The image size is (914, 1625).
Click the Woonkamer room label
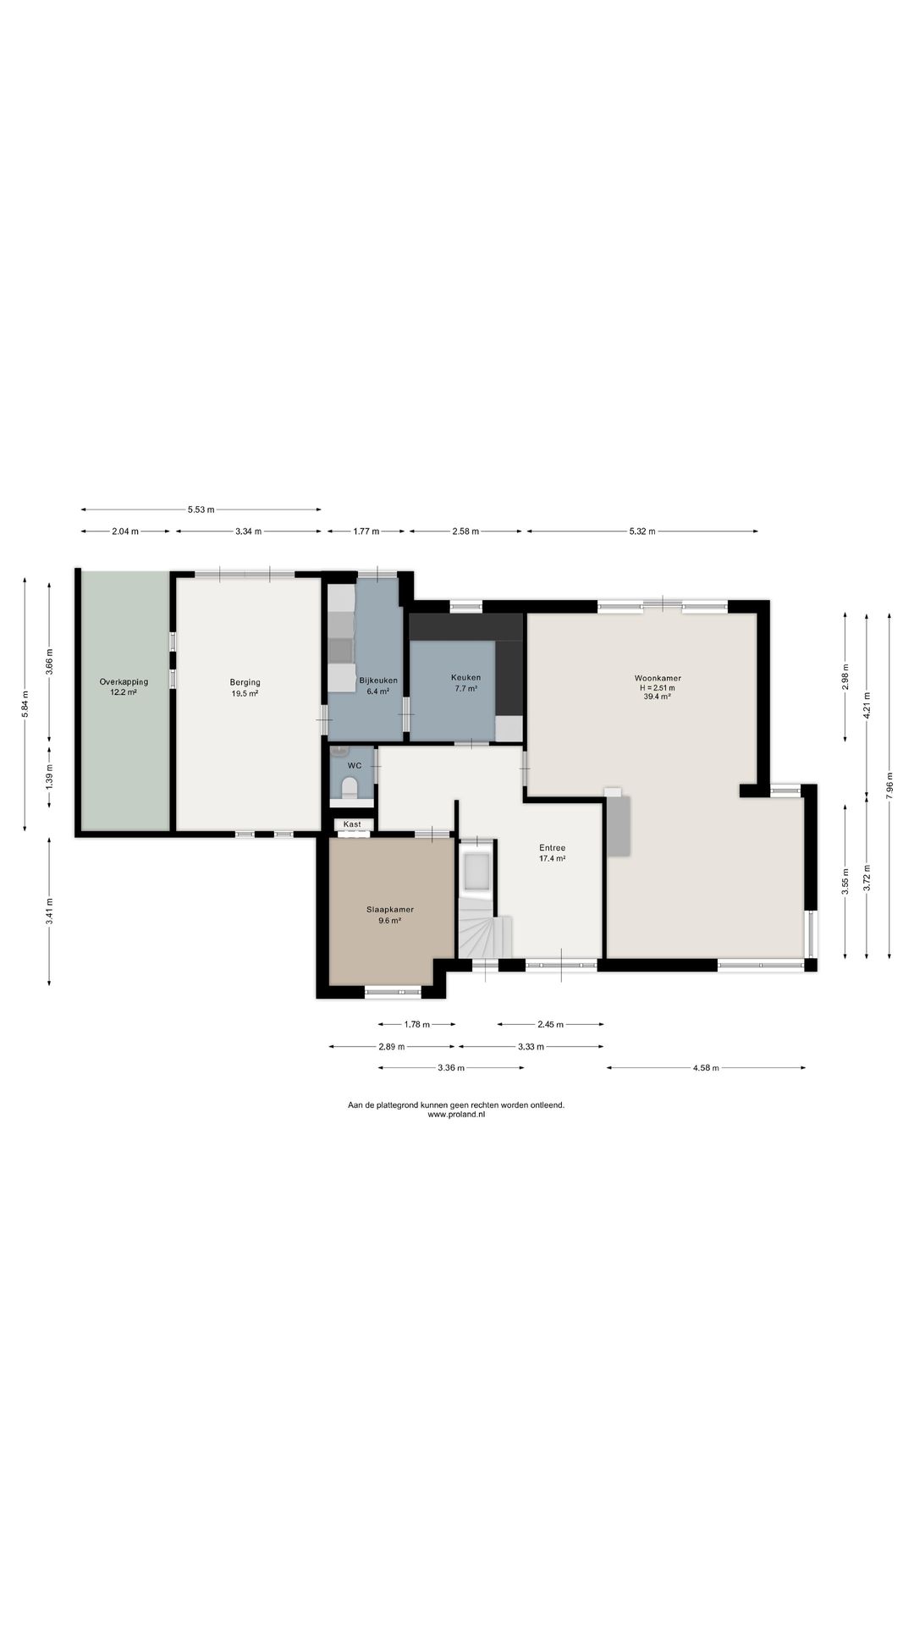tap(658, 678)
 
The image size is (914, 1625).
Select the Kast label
tap(352, 824)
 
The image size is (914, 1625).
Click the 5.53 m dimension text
tap(201, 510)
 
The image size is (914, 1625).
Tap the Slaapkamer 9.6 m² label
tap(390, 914)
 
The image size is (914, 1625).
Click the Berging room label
tap(245, 682)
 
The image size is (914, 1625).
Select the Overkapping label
tap(124, 681)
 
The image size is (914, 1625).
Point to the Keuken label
tap(465, 677)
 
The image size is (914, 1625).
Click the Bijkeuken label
tap(378, 680)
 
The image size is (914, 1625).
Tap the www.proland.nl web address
tap(456, 1115)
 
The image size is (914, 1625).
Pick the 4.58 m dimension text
tap(706, 1068)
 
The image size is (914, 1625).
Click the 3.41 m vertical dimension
tap(49, 912)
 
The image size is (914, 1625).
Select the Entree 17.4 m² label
tap(553, 852)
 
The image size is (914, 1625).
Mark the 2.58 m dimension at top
tap(465, 532)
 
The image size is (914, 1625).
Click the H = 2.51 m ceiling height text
tap(658, 688)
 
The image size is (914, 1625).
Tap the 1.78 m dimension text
tap(416, 1024)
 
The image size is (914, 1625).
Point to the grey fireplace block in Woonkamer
tap(619, 825)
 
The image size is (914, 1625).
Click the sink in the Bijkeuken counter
tap(342, 650)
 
